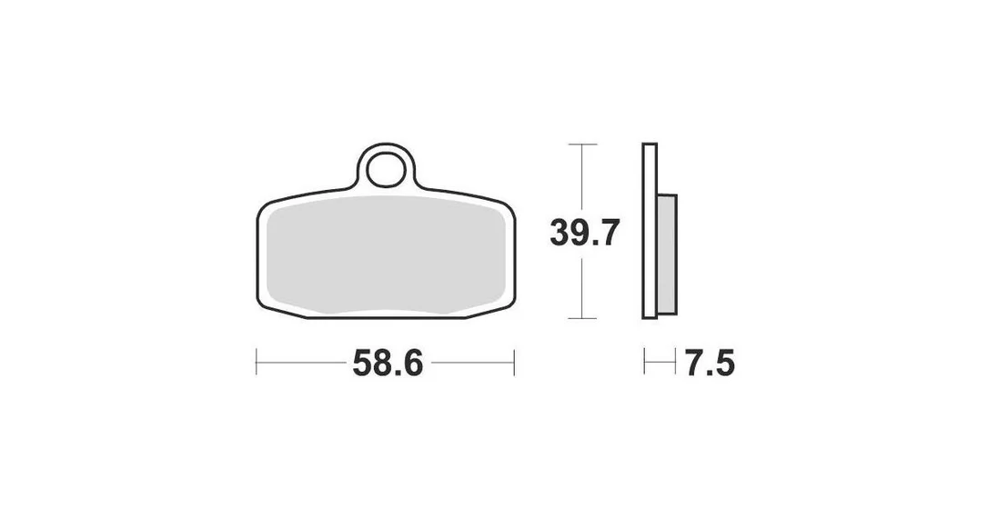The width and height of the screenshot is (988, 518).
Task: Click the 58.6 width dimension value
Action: [388, 364]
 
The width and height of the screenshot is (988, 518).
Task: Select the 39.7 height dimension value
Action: [585, 233]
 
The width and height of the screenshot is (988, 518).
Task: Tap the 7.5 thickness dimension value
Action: [711, 364]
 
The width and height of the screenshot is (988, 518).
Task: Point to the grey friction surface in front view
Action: [387, 254]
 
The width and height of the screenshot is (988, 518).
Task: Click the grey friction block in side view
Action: [667, 254]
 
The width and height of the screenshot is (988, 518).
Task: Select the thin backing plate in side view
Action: [650, 231]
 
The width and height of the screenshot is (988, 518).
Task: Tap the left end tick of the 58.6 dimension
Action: [257, 362]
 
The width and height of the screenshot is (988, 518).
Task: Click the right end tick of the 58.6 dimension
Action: [515, 362]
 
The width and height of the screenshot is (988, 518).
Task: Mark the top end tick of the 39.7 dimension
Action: [582, 144]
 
